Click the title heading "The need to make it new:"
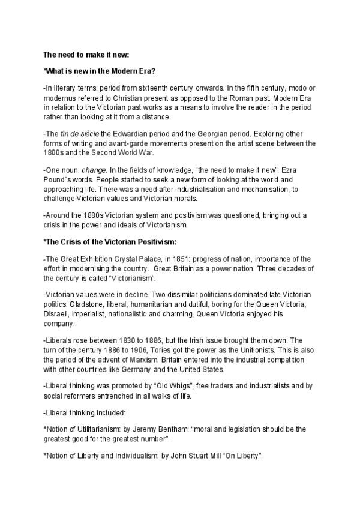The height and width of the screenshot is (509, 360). [86, 55]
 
